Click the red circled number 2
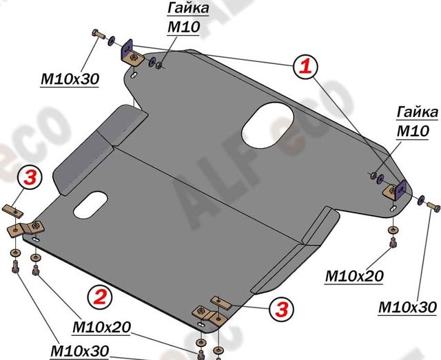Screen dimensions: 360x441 coord(99,297)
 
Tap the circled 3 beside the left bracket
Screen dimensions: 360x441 coord(30,178)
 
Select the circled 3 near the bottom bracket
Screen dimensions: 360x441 coord(278,308)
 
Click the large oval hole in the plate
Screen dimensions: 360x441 coord(267,123)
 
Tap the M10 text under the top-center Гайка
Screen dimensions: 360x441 coord(183,27)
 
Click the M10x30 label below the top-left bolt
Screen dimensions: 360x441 coord(69,79)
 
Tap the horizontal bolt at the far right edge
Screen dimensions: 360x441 coord(432,204)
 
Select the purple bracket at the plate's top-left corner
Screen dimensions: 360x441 coord(129,52)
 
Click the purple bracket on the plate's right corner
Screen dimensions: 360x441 coord(398,189)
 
